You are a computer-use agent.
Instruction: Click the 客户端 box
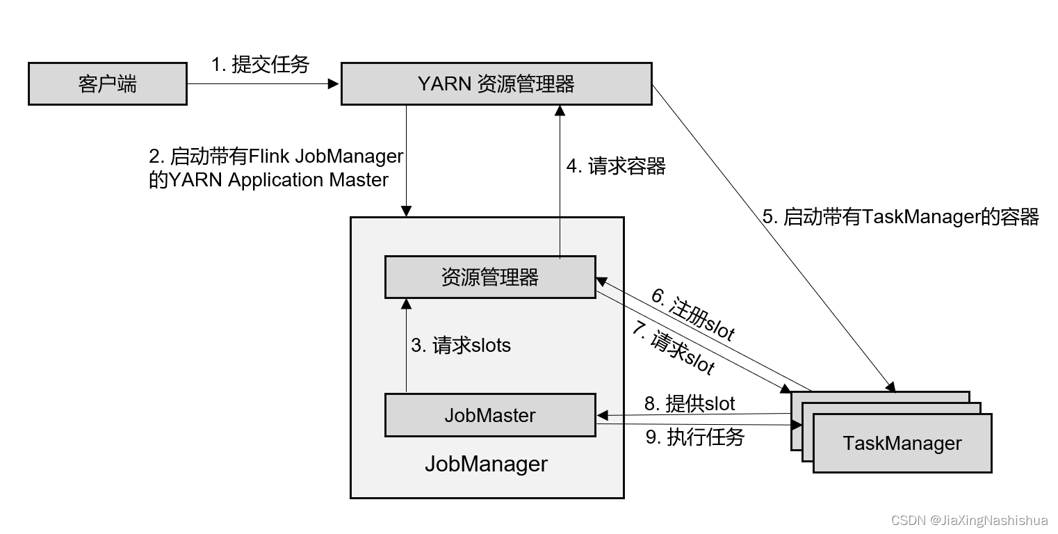(x=107, y=84)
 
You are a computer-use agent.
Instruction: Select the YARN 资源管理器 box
(x=496, y=84)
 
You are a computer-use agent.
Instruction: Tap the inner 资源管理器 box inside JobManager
(x=490, y=277)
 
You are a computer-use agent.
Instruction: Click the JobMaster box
(x=490, y=416)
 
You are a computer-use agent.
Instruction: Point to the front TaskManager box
(x=902, y=444)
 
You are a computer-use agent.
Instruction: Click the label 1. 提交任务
(x=260, y=65)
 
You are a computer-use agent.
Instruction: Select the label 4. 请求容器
(x=616, y=166)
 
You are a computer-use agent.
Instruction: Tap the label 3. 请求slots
(x=460, y=345)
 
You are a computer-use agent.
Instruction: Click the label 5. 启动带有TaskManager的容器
(x=900, y=217)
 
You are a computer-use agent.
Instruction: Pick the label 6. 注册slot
(x=693, y=315)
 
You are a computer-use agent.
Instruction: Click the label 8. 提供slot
(x=690, y=403)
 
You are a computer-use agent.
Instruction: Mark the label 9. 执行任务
(x=695, y=437)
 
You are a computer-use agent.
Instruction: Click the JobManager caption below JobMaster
(x=486, y=464)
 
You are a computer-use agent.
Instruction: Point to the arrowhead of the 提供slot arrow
(x=602, y=416)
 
